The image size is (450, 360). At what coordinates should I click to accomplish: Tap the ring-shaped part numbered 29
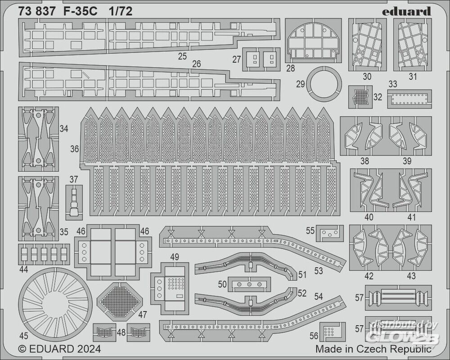[323, 84]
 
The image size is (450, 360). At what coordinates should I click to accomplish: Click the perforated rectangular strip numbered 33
[409, 99]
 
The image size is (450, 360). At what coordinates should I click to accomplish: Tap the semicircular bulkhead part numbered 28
[311, 43]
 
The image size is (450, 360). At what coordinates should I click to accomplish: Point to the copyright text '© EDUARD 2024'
[59, 349]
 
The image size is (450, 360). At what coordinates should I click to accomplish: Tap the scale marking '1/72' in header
[120, 12]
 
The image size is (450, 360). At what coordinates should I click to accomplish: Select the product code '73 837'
[38, 12]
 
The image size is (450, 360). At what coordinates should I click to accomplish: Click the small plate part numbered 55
[330, 233]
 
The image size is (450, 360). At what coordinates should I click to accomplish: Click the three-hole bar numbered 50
[249, 284]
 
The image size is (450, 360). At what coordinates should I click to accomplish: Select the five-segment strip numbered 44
[44, 254]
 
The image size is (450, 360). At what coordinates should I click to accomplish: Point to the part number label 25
[182, 56]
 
